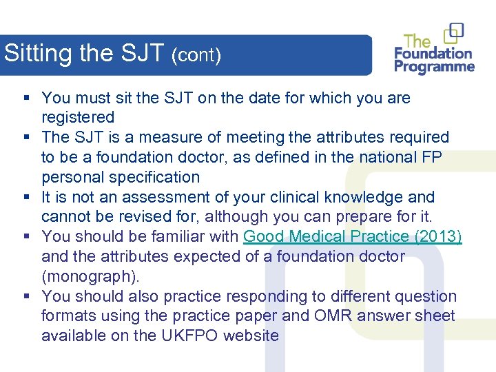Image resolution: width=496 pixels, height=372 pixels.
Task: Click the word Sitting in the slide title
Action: point(39,53)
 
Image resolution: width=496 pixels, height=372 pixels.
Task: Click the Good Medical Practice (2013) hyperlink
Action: point(353,236)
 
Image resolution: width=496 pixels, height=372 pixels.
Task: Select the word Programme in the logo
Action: point(435,67)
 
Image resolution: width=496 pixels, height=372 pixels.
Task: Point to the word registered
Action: point(78,118)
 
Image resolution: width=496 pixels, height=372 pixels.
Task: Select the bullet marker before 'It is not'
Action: point(25,197)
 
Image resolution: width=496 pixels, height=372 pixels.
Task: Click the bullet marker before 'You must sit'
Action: point(25,98)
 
